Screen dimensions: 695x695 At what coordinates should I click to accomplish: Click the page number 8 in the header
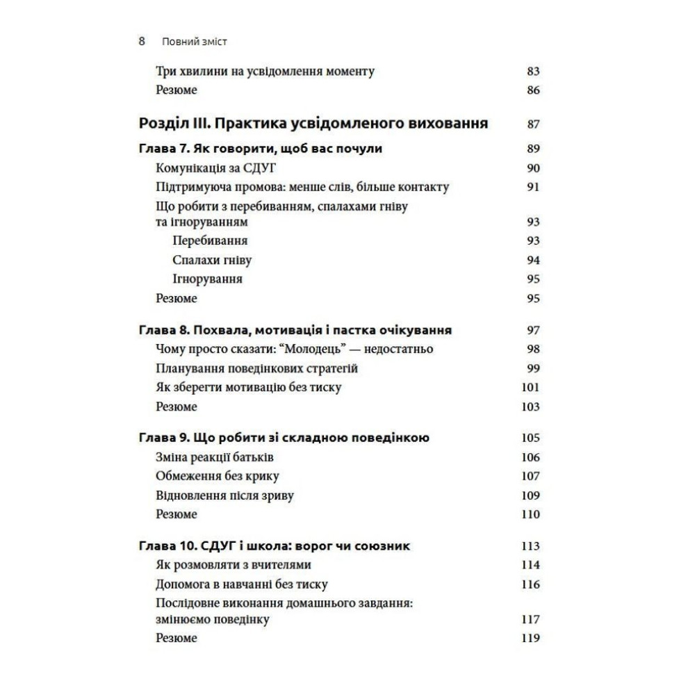tap(142, 41)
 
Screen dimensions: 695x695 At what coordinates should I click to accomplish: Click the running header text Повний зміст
tap(194, 42)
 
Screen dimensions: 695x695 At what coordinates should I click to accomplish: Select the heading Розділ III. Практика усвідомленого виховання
tap(313, 124)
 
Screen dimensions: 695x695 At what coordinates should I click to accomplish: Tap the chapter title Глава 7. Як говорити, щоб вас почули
tap(261, 149)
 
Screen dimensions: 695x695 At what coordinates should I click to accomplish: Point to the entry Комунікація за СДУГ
tap(218, 167)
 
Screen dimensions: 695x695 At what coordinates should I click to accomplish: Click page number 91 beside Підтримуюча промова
tap(532, 187)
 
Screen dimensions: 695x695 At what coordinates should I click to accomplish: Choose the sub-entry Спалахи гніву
tap(212, 261)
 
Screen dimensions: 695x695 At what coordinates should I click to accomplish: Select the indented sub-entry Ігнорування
tap(208, 279)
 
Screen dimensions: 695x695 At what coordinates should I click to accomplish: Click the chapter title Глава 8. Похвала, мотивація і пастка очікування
tap(296, 330)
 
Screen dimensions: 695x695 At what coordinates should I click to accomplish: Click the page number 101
tap(530, 388)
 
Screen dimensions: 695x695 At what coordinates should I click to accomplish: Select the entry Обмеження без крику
tap(218, 476)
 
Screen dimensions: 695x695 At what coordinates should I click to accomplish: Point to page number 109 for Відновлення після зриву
tap(530, 496)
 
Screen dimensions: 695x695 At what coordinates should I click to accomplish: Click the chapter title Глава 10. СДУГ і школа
tap(275, 546)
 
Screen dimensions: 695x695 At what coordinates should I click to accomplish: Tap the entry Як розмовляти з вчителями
tap(233, 565)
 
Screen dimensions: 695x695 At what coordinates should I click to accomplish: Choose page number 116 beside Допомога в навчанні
tap(530, 584)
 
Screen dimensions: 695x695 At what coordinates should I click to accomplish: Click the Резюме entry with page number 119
tap(177, 638)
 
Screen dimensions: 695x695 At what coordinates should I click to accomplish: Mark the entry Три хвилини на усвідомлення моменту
tap(265, 71)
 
